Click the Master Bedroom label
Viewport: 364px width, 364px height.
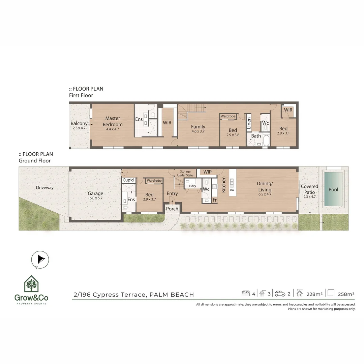coord(113,121)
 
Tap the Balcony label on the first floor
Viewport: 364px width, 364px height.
coord(79,124)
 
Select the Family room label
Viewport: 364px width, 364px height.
coord(198,127)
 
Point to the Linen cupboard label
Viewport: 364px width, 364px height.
coord(249,123)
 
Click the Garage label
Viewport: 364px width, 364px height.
coord(95,193)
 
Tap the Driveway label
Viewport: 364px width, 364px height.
coord(45,188)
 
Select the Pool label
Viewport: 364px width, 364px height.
coord(333,190)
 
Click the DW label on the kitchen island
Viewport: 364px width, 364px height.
coord(232,190)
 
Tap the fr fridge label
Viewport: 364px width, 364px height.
coord(215,200)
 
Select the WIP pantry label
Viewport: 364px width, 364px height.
coord(208,172)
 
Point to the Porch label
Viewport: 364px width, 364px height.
coord(172,209)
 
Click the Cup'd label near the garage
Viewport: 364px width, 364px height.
coord(128,180)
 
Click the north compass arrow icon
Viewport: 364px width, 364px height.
coord(40,259)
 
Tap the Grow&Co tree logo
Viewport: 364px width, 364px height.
coord(31,284)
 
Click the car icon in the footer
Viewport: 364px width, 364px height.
coord(280,294)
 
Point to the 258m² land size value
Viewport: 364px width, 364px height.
coord(346,294)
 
